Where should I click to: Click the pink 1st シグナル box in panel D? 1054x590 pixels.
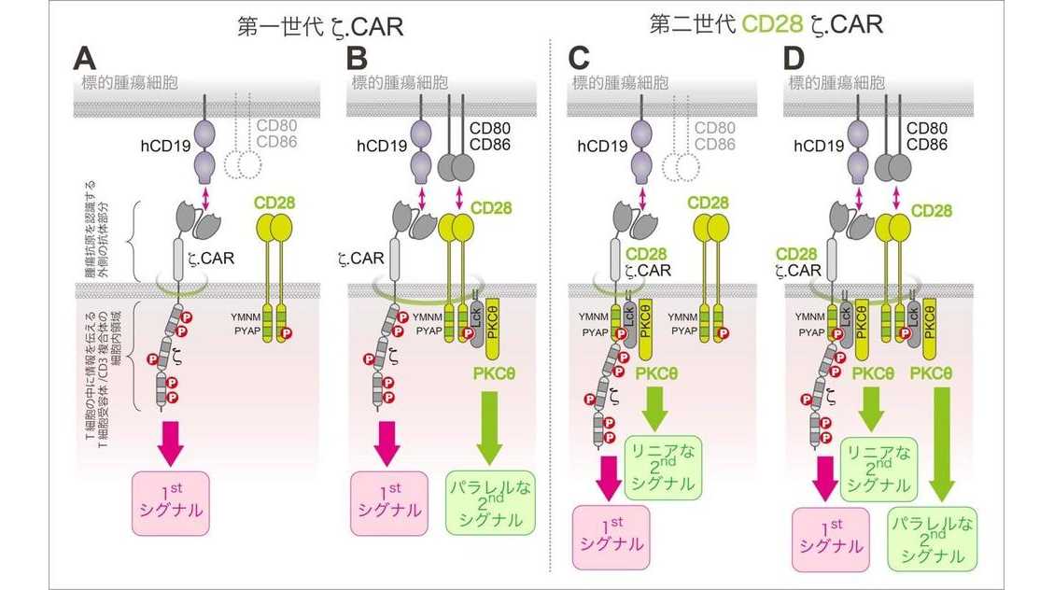coord(830,538)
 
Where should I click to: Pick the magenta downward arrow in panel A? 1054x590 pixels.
coord(171,440)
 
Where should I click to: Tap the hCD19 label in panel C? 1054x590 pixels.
coord(602,145)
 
